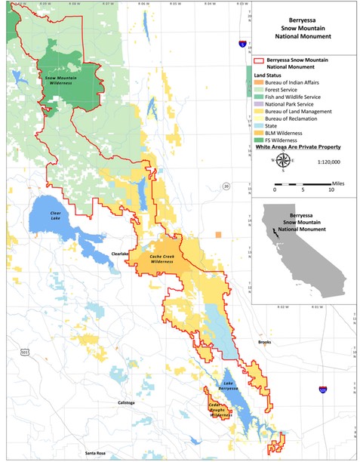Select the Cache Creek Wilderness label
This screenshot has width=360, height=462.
163,259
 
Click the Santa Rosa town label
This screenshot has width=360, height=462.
95,453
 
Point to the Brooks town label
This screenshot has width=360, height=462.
263,342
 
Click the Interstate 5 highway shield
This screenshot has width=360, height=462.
242,45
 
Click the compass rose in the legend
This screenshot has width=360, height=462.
283,160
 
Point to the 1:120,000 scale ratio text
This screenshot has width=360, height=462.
329,162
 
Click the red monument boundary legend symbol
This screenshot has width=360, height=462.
259,66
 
